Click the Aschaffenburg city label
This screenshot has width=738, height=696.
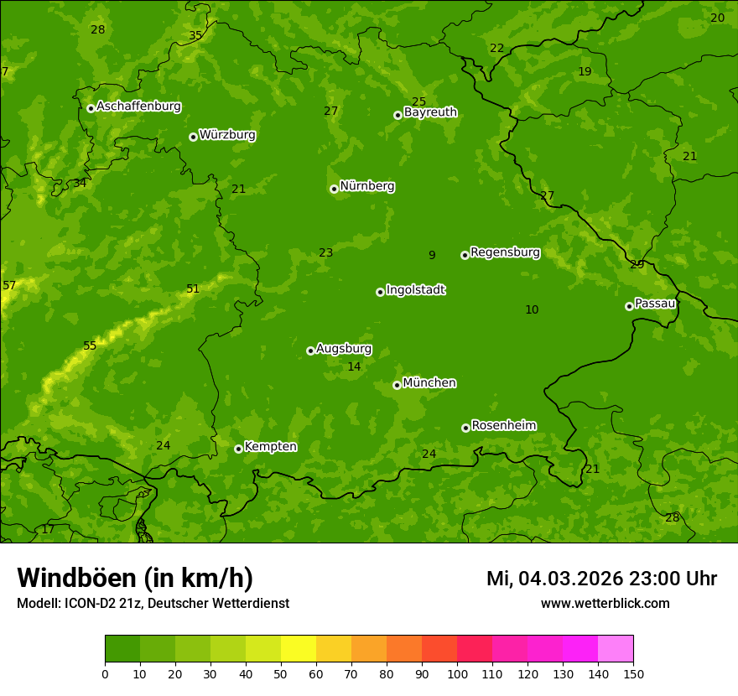(x=138, y=106)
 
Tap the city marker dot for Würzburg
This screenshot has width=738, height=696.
(x=193, y=137)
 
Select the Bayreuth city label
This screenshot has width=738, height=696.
(x=430, y=112)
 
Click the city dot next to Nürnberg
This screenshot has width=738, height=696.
(x=334, y=189)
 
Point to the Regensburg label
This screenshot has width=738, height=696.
(x=505, y=252)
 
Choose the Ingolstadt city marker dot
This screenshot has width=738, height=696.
(x=380, y=292)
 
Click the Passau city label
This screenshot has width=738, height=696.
(x=655, y=304)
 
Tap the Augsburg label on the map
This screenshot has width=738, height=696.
(x=344, y=349)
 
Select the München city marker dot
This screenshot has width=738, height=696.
(x=397, y=385)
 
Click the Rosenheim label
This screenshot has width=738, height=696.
(x=503, y=426)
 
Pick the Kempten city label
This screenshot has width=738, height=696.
(x=270, y=447)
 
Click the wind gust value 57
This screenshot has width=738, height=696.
(x=9, y=286)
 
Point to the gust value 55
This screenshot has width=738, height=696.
(x=90, y=346)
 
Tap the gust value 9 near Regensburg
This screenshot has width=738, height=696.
(x=432, y=256)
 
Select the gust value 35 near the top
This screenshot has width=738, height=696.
(x=195, y=36)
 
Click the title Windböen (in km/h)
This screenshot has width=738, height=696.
(x=135, y=578)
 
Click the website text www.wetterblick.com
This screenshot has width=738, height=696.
(x=605, y=604)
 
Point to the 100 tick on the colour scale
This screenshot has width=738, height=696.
(x=457, y=673)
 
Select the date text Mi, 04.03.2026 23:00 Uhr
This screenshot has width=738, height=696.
(x=601, y=579)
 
